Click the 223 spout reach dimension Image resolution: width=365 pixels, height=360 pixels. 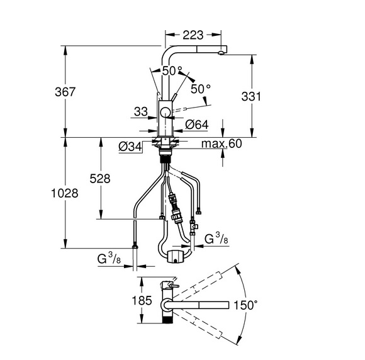point(193,35)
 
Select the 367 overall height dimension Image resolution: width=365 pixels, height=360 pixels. point(65,92)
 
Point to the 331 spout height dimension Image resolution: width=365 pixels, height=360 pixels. point(251,96)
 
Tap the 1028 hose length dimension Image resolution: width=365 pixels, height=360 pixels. point(65,193)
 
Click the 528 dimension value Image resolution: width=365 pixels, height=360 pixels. point(100,179)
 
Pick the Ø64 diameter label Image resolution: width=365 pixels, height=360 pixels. point(197,125)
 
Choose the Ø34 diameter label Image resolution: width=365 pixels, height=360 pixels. point(130,147)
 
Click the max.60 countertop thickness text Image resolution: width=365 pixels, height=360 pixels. point(222,143)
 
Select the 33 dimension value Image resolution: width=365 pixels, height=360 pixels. point(141,112)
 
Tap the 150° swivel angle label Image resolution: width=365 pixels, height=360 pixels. point(245,305)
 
